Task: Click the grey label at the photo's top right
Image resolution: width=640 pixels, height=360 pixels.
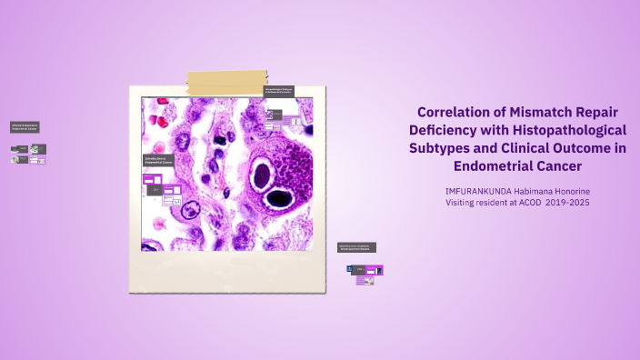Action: [279, 91]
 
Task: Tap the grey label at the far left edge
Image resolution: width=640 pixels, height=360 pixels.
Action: [25, 127]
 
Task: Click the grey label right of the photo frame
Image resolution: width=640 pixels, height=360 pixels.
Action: [356, 247]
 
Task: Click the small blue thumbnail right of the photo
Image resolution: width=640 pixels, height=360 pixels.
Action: [350, 269]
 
